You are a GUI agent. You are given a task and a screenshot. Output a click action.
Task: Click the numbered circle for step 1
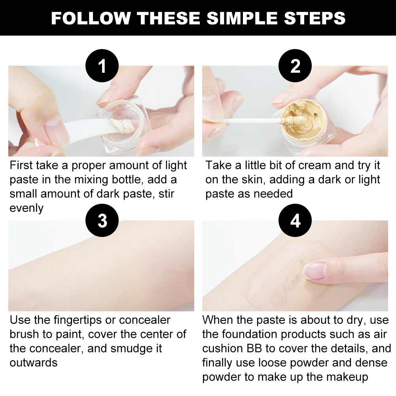pos(102,66)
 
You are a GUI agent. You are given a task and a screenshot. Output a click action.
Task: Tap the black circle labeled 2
pos(295,66)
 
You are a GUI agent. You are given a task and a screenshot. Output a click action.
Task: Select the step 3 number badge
pos(102,220)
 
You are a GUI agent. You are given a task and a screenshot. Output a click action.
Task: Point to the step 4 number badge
pos(295,220)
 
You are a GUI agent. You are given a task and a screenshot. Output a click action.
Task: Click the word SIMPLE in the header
pos(242,18)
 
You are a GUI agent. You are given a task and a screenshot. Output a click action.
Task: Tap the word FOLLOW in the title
pos(91,18)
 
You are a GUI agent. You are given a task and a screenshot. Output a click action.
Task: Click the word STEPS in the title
pos(315,18)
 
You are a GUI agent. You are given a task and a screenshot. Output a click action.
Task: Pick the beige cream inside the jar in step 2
pos(303,117)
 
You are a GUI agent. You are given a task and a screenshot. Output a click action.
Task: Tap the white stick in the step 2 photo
pos(252,121)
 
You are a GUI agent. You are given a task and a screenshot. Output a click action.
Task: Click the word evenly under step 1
pos(27,208)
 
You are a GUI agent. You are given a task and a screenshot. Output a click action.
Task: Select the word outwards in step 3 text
pos(34,363)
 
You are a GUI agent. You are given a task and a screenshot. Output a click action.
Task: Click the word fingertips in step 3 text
pos(78,320)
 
